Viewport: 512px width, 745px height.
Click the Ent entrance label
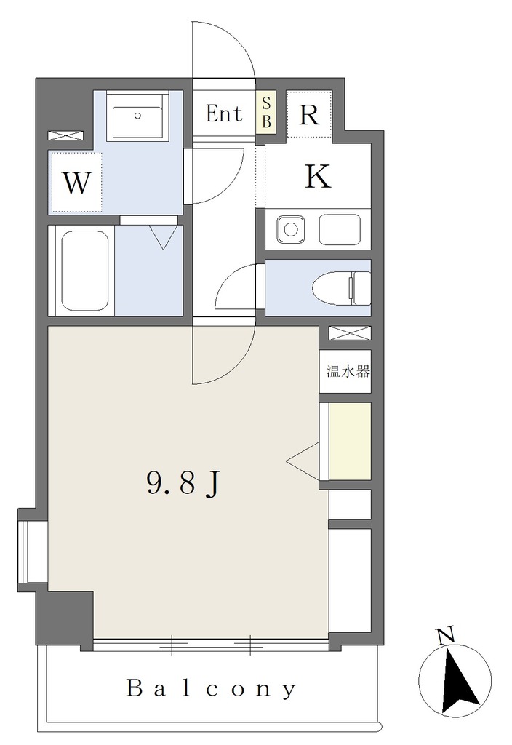(x=224, y=113)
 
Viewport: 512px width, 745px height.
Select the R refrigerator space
(x=309, y=114)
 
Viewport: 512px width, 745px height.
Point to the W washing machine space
(x=76, y=183)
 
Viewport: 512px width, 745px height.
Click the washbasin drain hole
(x=137, y=115)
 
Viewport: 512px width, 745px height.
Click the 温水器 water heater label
(x=348, y=372)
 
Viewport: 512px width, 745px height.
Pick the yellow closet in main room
(x=350, y=442)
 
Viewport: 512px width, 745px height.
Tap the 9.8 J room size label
(x=183, y=484)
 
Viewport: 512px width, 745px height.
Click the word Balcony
(x=212, y=688)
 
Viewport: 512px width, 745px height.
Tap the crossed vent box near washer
(x=65, y=135)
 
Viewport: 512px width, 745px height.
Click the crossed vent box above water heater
(x=350, y=333)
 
